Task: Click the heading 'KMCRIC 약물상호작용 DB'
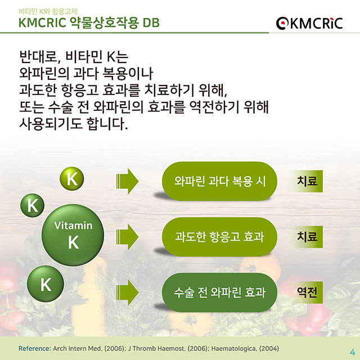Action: [x=88, y=23]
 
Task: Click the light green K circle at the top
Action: [x=72, y=179]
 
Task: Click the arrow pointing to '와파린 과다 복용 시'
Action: [x=127, y=181]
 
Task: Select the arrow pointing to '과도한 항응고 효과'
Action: [x=127, y=236]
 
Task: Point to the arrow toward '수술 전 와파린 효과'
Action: [x=127, y=292]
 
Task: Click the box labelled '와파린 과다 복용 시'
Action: [x=219, y=181]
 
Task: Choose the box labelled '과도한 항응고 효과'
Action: [x=219, y=237]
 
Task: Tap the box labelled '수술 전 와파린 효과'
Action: [x=219, y=292]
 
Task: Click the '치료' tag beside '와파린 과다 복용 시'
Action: [x=307, y=181]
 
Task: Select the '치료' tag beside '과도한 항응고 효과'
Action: [x=307, y=237]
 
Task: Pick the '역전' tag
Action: [x=307, y=292]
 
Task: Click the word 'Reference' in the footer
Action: [x=34, y=348]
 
